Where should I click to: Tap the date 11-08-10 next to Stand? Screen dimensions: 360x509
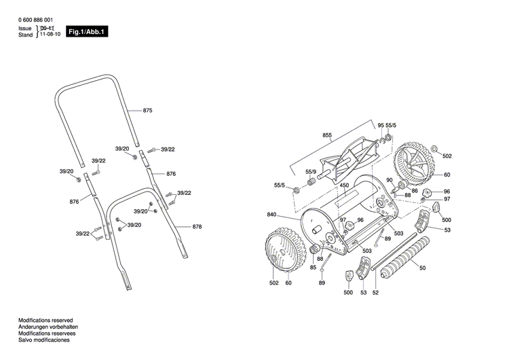pos(50,34)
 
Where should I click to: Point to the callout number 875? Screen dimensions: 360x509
pos(148,110)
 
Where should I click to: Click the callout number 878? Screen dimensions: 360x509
pos(197,226)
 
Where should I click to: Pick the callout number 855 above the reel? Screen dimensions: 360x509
pos(326,136)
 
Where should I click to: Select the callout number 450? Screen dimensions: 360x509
pos(344,185)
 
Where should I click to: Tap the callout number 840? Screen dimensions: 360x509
pos(271,215)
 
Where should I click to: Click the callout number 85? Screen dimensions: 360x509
pos(314,267)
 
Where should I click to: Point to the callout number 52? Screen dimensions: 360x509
pos(375,292)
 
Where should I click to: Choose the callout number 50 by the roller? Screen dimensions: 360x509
pos(423,269)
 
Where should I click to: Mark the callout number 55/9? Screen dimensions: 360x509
pos(311,171)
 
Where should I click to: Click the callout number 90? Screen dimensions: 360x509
pos(389,180)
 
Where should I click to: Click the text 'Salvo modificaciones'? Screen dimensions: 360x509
pos(43,340)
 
